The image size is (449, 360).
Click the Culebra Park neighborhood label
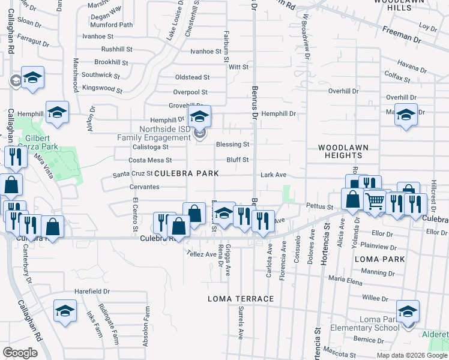point(185,173)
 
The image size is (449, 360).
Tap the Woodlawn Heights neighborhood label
point(343,151)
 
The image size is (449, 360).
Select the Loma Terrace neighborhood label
point(241,299)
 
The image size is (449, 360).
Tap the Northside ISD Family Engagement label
point(154,133)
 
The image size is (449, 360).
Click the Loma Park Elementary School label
point(379,323)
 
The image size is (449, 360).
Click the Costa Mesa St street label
point(151,160)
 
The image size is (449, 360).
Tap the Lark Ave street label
point(273,175)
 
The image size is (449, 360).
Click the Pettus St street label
point(319,207)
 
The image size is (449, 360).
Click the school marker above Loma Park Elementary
point(408,311)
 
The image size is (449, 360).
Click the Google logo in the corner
point(19,353)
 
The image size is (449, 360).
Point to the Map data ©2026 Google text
point(411,355)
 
